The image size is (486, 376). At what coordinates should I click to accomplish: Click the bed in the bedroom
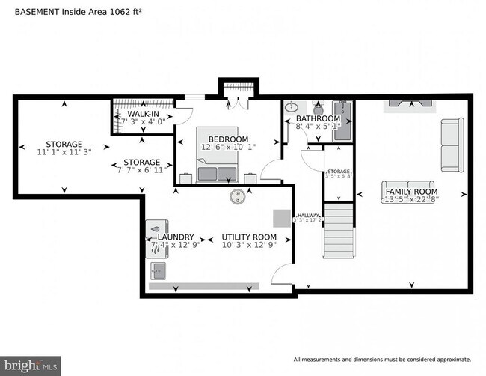pyautogui.click(x=218, y=157)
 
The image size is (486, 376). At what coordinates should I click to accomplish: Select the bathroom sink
pyautogui.click(x=292, y=107)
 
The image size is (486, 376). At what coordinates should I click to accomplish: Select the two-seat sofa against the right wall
pyautogui.click(x=452, y=145)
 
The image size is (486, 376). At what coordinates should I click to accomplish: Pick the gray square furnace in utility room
pyautogui.click(x=281, y=217)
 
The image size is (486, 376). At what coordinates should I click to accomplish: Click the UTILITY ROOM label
pyautogui.click(x=249, y=237)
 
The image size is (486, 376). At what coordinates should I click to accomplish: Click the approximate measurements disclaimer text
pyautogui.click(x=383, y=358)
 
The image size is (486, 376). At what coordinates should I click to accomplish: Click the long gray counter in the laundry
pyautogui.click(x=203, y=286)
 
